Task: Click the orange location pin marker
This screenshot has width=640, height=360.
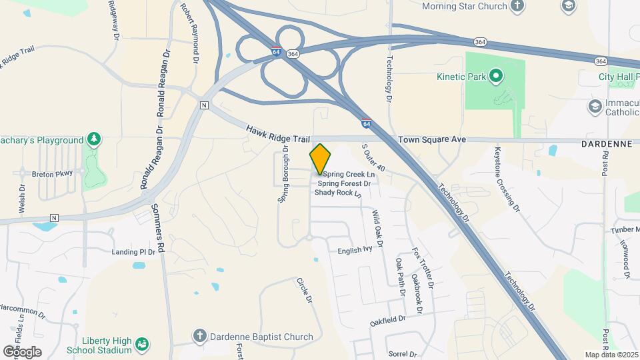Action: [320, 159]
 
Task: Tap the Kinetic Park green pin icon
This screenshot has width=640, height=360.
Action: [495, 76]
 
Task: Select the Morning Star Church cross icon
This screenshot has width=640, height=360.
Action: [517, 6]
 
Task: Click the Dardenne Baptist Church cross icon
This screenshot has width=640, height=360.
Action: [199, 337]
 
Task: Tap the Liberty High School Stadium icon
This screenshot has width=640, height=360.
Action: [141, 344]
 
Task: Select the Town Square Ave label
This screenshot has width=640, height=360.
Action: [431, 140]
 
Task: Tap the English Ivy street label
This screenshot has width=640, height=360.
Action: [355, 250]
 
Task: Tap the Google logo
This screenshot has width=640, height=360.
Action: [21, 351]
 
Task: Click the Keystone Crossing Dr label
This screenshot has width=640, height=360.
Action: [506, 178]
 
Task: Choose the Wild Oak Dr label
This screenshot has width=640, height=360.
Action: [377, 229]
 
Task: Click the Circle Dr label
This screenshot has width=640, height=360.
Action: [304, 290]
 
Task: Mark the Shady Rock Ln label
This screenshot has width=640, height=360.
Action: [337, 193]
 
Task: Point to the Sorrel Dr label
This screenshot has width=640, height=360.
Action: [402, 354]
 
